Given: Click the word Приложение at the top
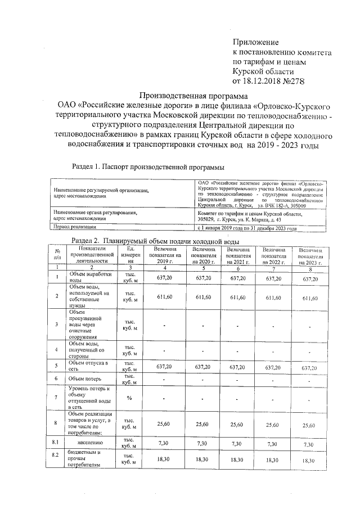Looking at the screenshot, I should click(x=256, y=42).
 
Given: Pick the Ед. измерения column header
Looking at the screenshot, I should click(x=130, y=255).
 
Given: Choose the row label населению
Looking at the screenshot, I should click(x=84, y=444).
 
